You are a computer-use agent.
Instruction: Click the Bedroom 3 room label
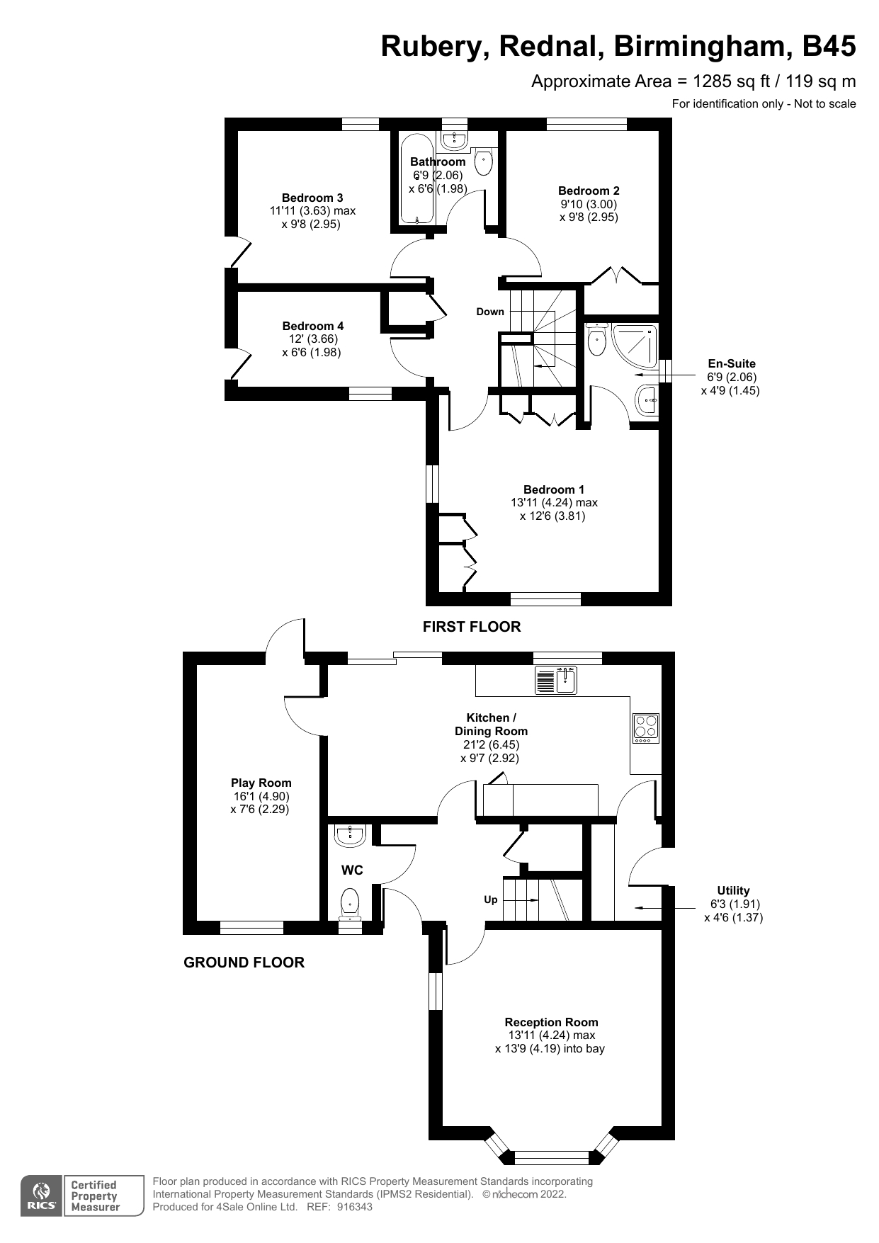coord(312,198)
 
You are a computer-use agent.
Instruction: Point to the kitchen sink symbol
coord(557,681)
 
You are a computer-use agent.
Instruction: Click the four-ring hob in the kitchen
coord(646,728)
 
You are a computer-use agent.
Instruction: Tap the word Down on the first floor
coord(490,312)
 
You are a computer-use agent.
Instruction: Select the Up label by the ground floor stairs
coord(491,899)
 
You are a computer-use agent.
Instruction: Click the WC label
coord(352,870)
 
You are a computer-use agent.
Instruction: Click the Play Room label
coord(261,783)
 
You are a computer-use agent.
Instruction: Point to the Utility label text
coord(733,890)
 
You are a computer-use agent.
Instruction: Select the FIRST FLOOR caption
coord(472,627)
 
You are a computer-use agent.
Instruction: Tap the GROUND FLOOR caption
coord(244,963)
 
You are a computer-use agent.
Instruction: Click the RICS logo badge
coord(41,1196)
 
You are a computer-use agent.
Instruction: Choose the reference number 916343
coord(355,1207)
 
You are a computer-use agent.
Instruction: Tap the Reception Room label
coord(551,1022)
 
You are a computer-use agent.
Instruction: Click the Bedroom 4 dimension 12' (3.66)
coord(313,339)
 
